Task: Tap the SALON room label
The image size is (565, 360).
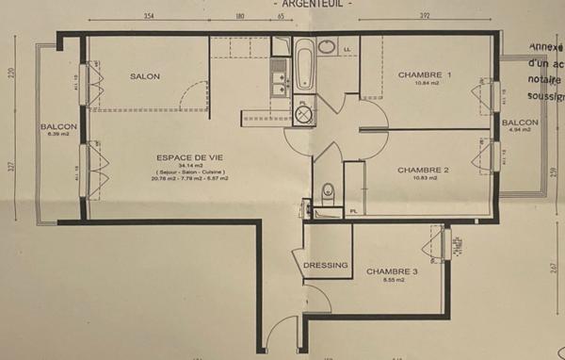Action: click(145, 76)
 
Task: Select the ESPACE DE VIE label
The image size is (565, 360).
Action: click(158, 157)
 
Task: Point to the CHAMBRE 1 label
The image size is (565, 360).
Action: click(425, 75)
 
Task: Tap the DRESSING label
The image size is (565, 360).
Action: click(327, 266)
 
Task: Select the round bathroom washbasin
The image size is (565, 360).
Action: click(327, 46)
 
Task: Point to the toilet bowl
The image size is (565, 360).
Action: click(327, 189)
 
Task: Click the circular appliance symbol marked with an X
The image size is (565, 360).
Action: click(305, 114)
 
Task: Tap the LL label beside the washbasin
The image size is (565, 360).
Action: click(347, 50)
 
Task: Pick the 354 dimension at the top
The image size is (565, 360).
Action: click(149, 17)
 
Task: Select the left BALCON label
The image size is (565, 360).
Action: click(57, 127)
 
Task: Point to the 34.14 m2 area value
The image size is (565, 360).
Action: click(158, 166)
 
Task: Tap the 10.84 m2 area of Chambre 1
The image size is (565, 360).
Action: click(425, 85)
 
